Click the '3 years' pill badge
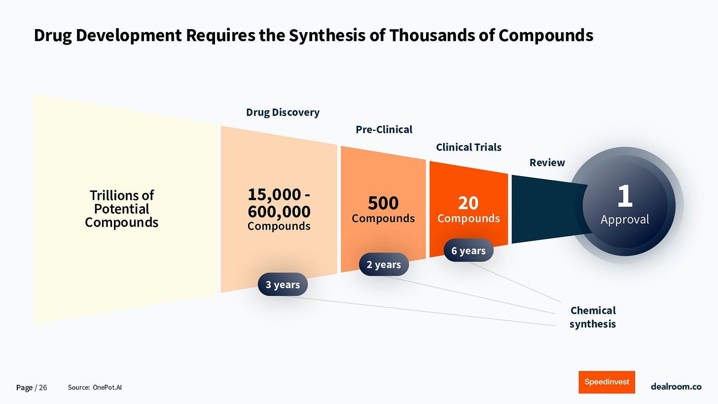pyautogui.click(x=283, y=285)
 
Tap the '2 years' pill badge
pyautogui.click(x=384, y=265)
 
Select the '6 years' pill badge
pyautogui.click(x=468, y=251)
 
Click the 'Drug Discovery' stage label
pyautogui.click(x=283, y=112)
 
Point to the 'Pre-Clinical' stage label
pyautogui.click(x=384, y=129)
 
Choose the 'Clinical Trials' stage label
pyautogui.click(x=468, y=147)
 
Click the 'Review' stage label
pyautogui.click(x=547, y=162)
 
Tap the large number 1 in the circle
pyautogui.click(x=625, y=196)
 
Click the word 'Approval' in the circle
pyautogui.click(x=625, y=220)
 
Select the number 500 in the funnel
pyautogui.click(x=383, y=203)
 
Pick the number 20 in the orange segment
pyautogui.click(x=468, y=203)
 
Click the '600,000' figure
pyautogui.click(x=279, y=212)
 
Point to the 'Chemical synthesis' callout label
pyautogui.click(x=593, y=317)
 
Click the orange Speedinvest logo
pyautogui.click(x=607, y=382)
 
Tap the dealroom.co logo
pyautogui.click(x=676, y=387)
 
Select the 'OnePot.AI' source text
pyautogui.click(x=107, y=388)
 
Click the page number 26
pyautogui.click(x=43, y=388)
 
